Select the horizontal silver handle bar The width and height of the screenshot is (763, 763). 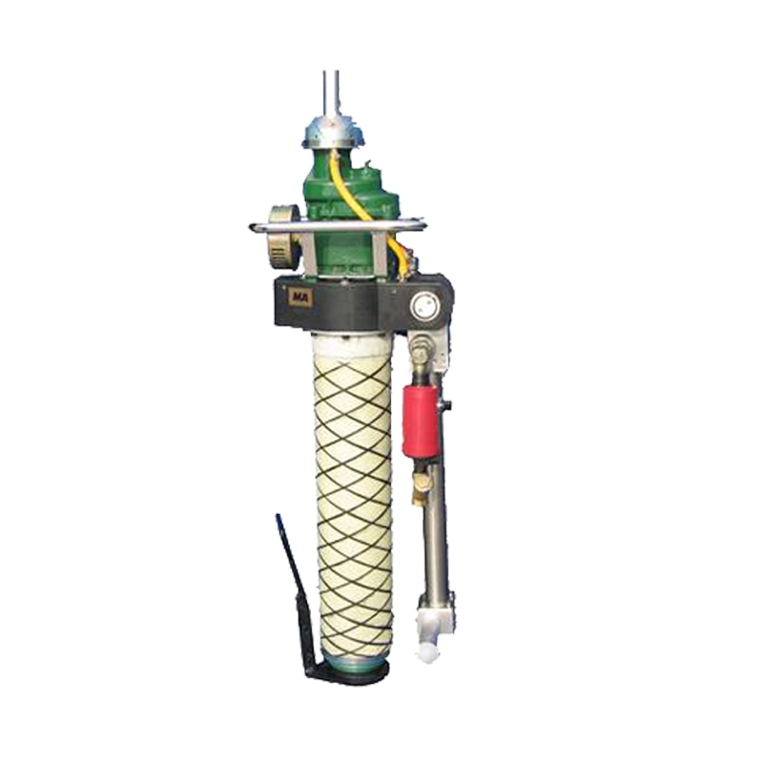point(338,225)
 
